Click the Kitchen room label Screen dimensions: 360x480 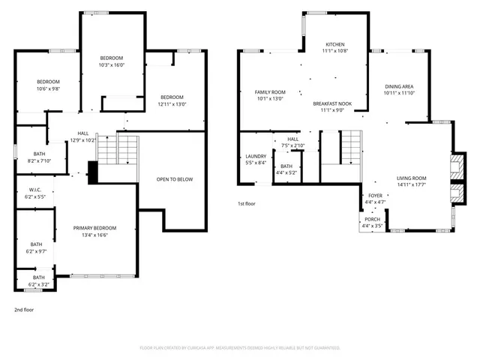[334, 44]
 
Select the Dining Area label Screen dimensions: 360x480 [399, 87]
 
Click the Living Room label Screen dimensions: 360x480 [411, 178]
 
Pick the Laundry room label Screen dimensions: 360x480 [256, 156]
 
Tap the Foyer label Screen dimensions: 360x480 [375, 195]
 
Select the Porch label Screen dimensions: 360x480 [373, 220]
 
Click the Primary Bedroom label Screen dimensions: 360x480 [94, 227]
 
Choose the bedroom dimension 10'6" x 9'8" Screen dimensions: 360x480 [49, 89]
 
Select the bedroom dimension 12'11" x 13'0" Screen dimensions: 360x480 [172, 104]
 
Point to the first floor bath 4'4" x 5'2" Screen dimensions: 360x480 [286, 172]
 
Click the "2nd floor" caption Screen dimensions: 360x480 [24, 309]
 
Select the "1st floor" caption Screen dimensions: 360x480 [247, 203]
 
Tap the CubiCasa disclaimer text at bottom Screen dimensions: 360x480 [240, 348]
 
